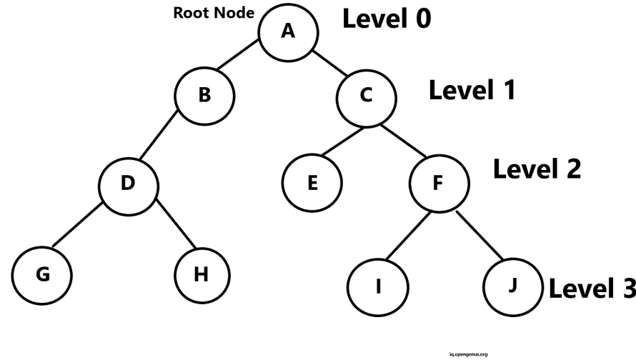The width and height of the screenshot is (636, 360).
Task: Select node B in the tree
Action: (x=204, y=95)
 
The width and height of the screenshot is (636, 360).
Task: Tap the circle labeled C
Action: (x=366, y=96)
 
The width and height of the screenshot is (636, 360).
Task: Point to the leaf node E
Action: (x=312, y=184)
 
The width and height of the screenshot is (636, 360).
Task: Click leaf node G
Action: (x=43, y=274)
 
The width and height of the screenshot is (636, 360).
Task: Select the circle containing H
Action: (x=202, y=274)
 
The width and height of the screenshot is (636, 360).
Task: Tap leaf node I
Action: (x=378, y=286)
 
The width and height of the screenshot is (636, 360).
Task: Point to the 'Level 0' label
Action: (x=387, y=19)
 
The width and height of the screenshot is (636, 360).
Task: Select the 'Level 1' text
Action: (x=472, y=90)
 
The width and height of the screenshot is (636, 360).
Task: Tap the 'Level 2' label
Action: (x=537, y=169)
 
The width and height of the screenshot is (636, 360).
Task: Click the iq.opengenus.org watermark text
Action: (x=468, y=354)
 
